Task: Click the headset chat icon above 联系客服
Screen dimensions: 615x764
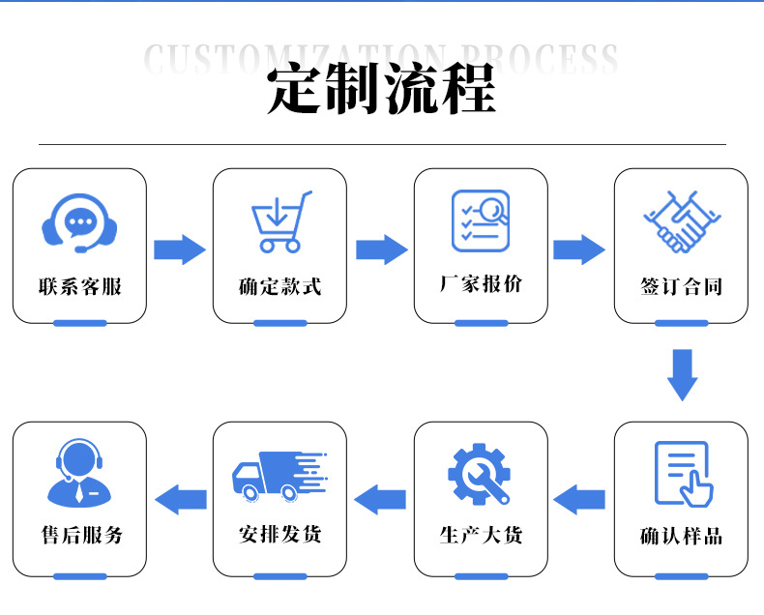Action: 79,223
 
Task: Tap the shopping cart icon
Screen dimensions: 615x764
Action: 280,222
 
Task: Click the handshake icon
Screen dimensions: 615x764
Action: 681,221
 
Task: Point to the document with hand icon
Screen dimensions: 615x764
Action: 682,474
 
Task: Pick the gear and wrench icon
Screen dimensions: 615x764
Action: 480,474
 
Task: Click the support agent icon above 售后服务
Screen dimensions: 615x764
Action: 79,474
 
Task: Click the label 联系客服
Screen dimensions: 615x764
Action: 80,287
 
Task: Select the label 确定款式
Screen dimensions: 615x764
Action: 279,287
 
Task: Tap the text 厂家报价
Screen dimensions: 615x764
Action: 481,284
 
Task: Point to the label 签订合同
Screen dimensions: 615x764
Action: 681,287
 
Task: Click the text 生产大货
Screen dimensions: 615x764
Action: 481,535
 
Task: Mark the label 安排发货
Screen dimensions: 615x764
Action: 279,535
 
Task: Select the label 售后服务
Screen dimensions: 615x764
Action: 80,535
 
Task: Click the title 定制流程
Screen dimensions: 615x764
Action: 382,90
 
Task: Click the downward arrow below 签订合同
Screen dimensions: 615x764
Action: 682,374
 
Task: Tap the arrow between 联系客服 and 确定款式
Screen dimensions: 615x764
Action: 180,249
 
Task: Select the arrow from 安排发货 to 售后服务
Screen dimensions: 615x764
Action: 181,500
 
